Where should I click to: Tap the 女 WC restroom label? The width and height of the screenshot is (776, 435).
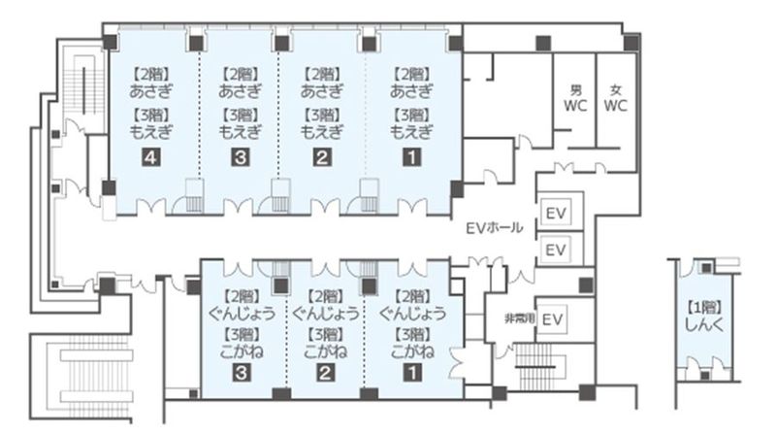pos(615,98)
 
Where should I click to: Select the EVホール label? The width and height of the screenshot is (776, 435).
pos(495,228)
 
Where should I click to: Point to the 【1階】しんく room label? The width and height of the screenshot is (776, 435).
pos(699,320)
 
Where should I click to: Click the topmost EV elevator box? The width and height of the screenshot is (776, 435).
pos(556,213)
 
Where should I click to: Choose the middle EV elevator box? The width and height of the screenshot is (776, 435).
pos(556,251)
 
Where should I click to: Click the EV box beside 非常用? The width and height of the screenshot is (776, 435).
pos(553,318)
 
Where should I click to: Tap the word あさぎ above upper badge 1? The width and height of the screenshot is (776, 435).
pos(410,91)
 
